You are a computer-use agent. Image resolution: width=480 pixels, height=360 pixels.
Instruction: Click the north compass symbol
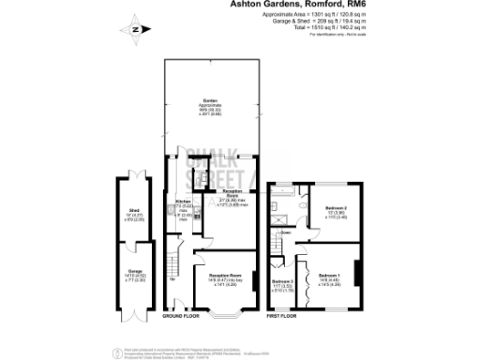137,30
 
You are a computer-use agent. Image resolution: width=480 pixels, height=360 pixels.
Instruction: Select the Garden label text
212,100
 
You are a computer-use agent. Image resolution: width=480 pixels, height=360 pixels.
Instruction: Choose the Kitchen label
184,202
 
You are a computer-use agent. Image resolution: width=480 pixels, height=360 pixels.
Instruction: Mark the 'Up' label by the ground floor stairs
172,279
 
